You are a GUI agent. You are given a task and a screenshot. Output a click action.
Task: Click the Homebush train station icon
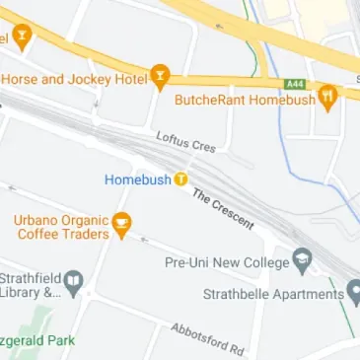pyautogui.click(x=181, y=180)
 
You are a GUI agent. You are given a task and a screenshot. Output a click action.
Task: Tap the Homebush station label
pyautogui.click(x=138, y=180)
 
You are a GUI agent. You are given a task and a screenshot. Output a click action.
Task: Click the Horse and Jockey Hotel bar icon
pyautogui.click(x=160, y=76)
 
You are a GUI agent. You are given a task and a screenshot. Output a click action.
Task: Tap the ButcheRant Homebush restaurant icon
pyautogui.click(x=328, y=97)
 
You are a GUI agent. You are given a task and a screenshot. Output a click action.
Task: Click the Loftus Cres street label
pyautogui.click(x=185, y=145)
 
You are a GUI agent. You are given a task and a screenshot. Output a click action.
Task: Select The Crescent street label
pyautogui.click(x=223, y=209)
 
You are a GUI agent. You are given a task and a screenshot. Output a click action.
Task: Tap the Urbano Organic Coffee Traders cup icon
pyautogui.click(x=121, y=224)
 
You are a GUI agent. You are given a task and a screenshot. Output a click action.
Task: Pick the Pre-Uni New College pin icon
pyautogui.click(x=303, y=262)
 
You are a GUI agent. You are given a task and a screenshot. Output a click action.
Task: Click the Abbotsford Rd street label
pyautogui.click(x=207, y=338)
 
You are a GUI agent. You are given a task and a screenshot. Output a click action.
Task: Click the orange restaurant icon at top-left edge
pyautogui.click(x=21, y=37)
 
